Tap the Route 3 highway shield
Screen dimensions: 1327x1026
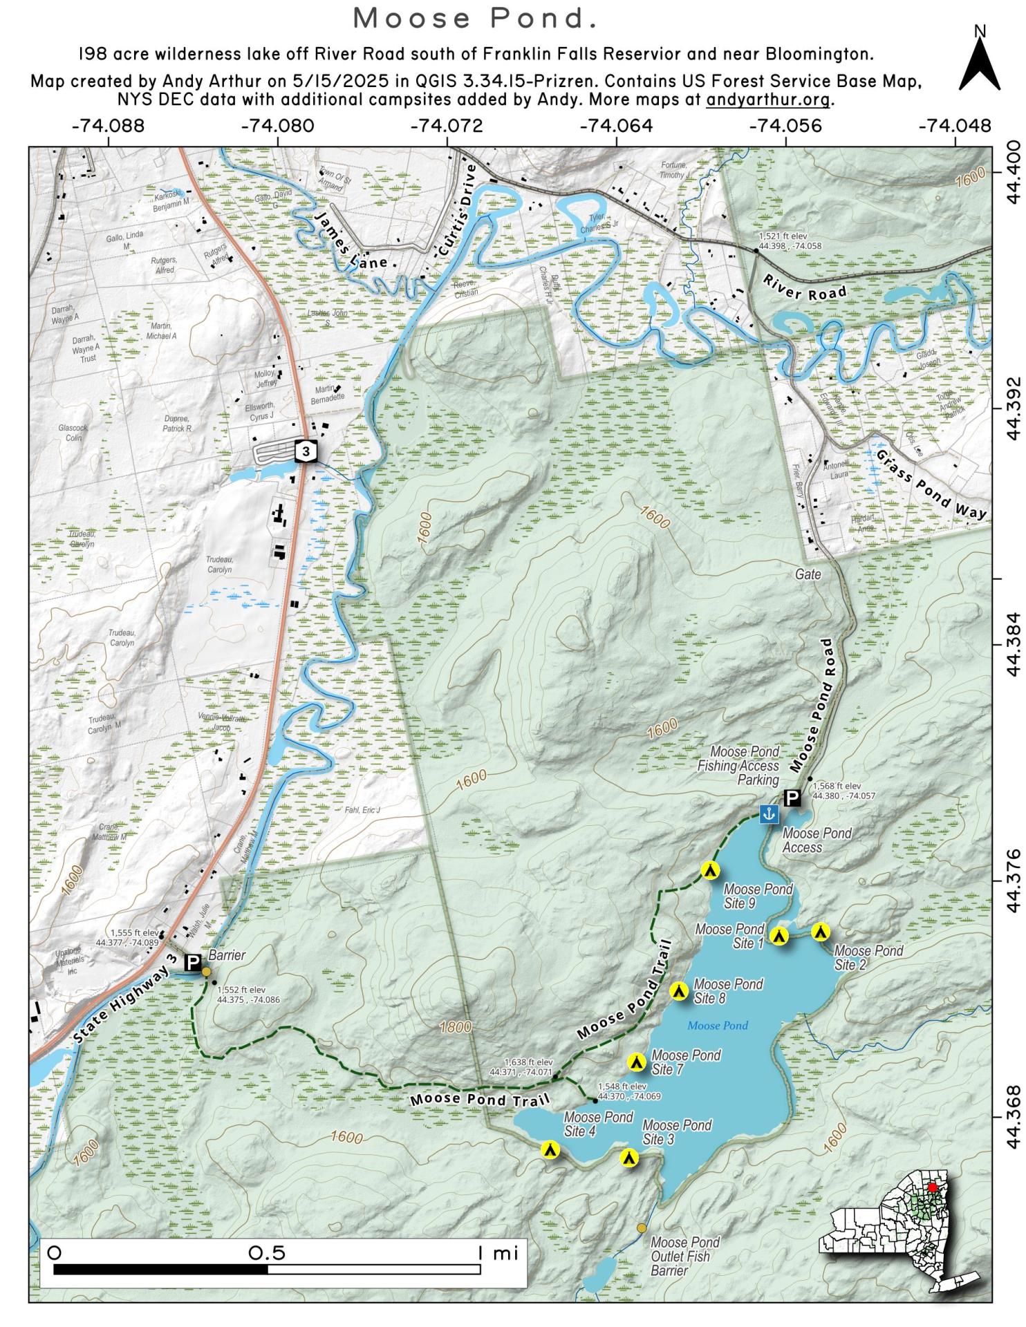coord(306,451)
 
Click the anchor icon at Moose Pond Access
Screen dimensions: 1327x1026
coord(769,814)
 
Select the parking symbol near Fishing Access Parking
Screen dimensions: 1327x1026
coord(792,799)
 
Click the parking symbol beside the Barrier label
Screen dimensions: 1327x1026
coord(193,962)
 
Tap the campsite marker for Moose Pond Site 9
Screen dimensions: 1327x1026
coord(710,870)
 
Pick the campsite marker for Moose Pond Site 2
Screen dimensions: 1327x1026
coord(820,932)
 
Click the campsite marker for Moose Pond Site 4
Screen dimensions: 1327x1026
coord(550,1150)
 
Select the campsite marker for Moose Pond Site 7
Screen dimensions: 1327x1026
coord(636,1062)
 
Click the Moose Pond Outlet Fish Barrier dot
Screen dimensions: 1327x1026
coord(642,1228)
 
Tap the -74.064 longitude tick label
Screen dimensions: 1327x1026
coord(615,126)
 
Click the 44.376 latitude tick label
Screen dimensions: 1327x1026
coord(1014,881)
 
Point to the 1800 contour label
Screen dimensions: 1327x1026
coord(455,1027)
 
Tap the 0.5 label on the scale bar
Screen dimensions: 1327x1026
coord(267,1253)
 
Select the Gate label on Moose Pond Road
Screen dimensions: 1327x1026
coord(808,574)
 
